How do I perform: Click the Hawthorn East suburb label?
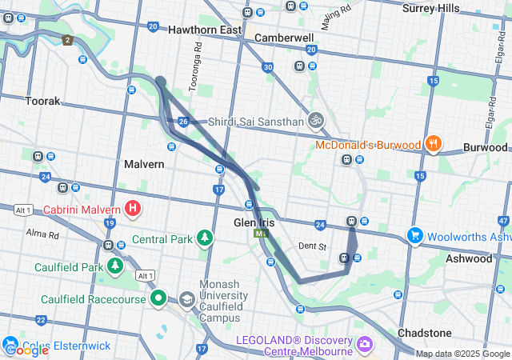tap(205, 30)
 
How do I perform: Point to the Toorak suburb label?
tap(42, 102)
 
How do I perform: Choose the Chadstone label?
tap(424, 332)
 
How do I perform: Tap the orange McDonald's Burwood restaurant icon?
tap(433, 144)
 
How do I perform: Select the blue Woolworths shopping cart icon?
tap(414, 236)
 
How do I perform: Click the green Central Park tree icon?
tap(206, 238)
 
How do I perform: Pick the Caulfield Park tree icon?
tap(116, 266)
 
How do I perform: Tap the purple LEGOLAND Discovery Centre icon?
tap(365, 344)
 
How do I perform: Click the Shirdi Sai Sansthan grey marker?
tap(316, 120)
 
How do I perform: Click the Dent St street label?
tap(312, 246)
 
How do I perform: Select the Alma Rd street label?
tap(42, 235)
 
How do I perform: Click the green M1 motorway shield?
tap(260, 234)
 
